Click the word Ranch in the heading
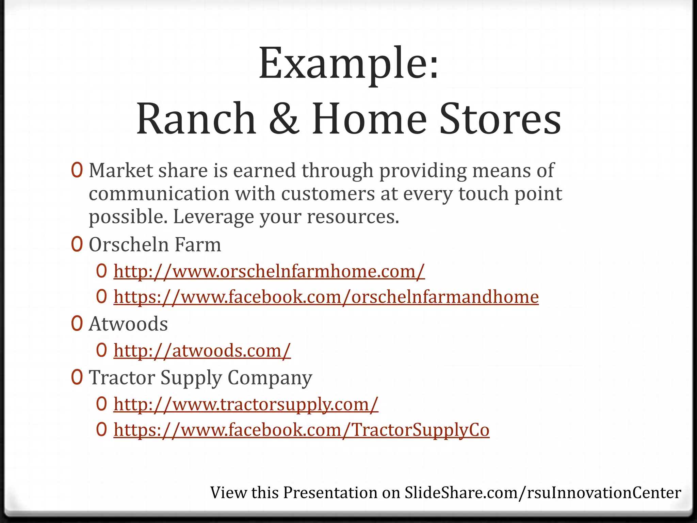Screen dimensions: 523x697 (196, 118)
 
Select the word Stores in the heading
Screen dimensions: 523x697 (500, 118)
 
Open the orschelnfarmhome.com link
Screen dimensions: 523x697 (269, 271)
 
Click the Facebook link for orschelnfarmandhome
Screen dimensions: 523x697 (326, 297)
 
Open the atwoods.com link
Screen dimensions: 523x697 (202, 350)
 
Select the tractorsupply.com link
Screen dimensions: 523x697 (246, 404)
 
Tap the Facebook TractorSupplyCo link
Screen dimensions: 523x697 (301, 430)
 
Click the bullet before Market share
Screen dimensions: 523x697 (77, 170)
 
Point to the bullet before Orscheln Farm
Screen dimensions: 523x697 (77, 244)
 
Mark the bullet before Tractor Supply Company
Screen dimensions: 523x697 (77, 377)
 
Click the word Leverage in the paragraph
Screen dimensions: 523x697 (213, 217)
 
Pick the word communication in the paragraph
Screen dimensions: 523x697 (159, 194)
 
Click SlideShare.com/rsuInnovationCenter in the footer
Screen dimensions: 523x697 (542, 493)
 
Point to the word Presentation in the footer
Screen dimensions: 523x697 (330, 493)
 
